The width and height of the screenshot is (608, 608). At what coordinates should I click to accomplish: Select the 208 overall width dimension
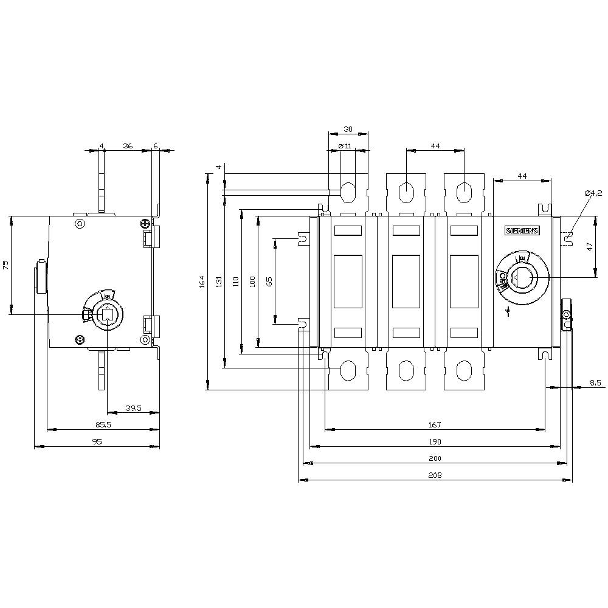(435, 475)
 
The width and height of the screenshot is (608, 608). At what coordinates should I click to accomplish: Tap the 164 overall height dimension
(202, 282)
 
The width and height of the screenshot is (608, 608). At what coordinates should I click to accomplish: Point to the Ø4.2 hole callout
(593, 193)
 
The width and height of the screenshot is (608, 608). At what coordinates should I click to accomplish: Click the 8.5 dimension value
(595, 382)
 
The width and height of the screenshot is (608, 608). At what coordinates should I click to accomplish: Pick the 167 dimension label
(435, 424)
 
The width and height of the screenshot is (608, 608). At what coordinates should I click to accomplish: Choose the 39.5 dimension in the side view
(133, 408)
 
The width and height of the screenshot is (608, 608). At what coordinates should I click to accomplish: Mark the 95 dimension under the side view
(97, 442)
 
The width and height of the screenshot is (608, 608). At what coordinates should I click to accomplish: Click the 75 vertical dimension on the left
(5, 264)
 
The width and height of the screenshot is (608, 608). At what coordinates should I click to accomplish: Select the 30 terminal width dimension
(348, 129)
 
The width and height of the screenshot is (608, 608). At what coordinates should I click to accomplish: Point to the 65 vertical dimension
(269, 281)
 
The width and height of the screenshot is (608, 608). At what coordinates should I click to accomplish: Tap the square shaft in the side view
(107, 314)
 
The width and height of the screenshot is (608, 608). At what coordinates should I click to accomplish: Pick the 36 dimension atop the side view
(128, 146)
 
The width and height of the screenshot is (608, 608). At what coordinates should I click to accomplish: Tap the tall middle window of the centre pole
(406, 282)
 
